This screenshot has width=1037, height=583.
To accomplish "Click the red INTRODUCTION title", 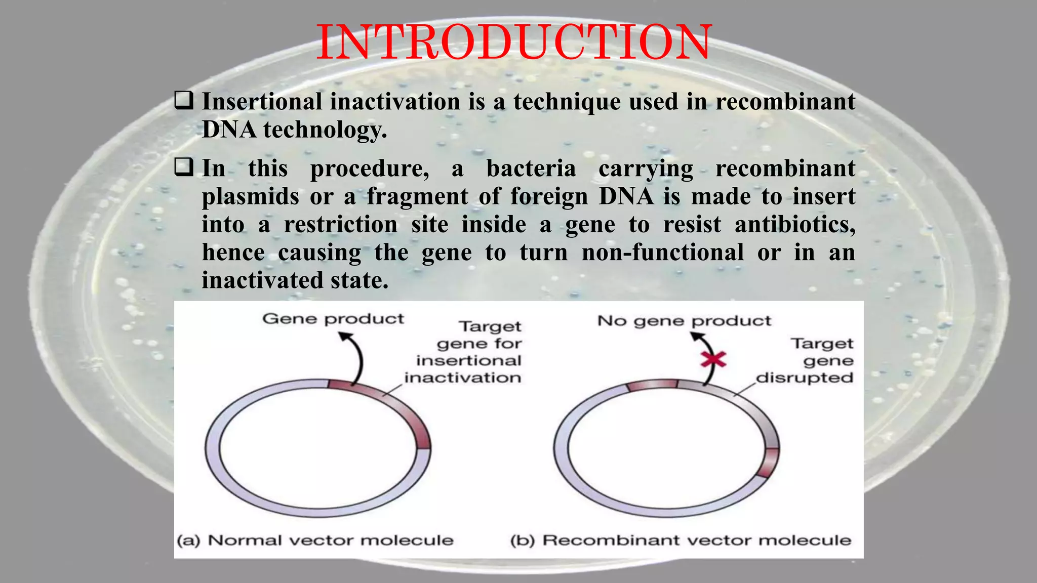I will point(514,43).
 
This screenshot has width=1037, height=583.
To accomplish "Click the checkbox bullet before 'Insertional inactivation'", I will point(183,100).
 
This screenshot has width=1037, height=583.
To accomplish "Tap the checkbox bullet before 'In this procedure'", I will point(183,167).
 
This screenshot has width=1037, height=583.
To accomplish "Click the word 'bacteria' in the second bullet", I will point(531,169).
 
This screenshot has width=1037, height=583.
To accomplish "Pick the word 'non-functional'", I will point(662,252).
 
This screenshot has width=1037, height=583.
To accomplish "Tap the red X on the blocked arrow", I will point(713,360).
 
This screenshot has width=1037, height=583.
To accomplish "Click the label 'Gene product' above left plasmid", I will point(333,319).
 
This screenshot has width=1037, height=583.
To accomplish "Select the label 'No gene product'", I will point(684,321).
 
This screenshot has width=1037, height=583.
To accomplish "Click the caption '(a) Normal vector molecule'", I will point(314,540).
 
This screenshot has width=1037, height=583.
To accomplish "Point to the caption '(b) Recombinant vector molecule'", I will point(681,540).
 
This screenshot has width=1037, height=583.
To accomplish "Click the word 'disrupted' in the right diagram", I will point(805,378).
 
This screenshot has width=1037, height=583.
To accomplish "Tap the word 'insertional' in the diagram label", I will point(468,361).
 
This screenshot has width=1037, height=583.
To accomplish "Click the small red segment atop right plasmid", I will point(652,384).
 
